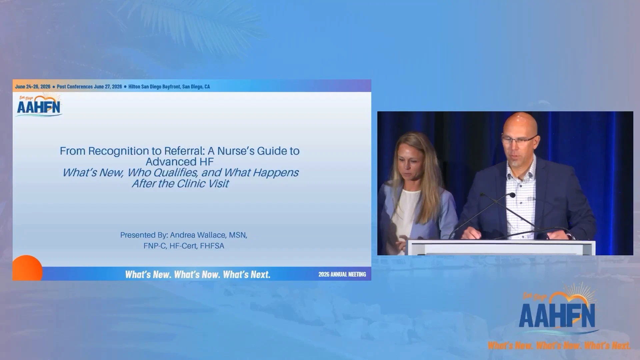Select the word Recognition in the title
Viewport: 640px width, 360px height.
pyautogui.click(x=122, y=151)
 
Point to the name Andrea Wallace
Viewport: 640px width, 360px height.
pyautogui.click(x=198, y=235)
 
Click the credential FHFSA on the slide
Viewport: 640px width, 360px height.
pyautogui.click(x=212, y=246)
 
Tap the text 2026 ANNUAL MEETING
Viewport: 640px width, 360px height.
pyautogui.click(x=342, y=274)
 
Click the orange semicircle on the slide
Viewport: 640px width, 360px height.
pyautogui.click(x=28, y=268)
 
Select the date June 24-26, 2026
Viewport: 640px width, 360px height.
pyautogui.click(x=33, y=87)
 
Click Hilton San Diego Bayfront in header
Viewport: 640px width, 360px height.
pyautogui.click(x=154, y=87)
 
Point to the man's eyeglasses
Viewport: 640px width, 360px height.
pyautogui.click(x=519, y=140)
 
